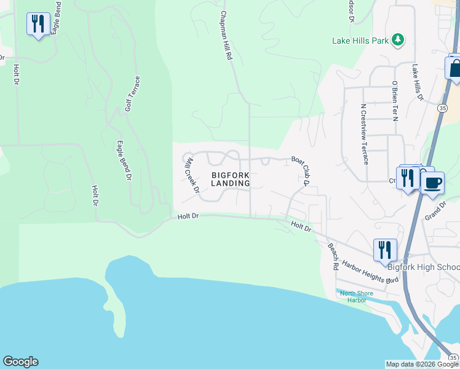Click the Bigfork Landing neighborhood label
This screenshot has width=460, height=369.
231,179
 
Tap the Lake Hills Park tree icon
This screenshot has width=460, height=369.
398,40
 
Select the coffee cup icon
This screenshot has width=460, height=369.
432,183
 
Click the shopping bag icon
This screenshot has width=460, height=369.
454,68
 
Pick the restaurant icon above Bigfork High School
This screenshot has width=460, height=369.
385,250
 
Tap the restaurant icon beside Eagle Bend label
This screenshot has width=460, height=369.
38,24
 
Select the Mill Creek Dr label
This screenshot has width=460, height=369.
192,175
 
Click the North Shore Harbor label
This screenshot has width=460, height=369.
357,296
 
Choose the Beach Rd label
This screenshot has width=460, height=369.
333,257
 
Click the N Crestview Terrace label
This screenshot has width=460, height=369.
364,133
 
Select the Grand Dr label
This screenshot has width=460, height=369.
435,213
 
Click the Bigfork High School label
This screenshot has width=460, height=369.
423,267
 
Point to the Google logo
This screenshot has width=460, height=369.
20,362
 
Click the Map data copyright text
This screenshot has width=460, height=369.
422,364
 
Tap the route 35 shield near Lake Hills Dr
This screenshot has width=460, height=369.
443,108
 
